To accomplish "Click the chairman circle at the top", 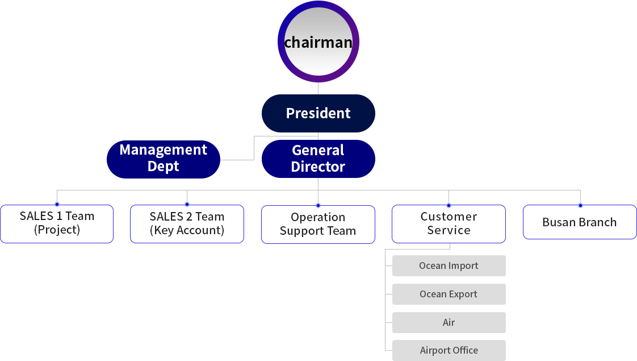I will pos(318,42).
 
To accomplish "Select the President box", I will pos(317,113).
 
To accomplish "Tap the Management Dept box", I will pos(162,159).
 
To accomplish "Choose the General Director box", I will pos(317,159).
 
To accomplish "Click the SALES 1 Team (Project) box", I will pos(57,223).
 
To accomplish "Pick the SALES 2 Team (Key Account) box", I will pos(187,223).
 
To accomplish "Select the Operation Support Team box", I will pos(318,224).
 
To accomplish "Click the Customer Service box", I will pos(449,223).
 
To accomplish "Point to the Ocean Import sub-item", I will pos(449,265).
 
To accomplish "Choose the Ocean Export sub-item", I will pos(449,294).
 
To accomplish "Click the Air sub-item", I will pos(449,322).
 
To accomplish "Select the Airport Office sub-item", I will pos(449,350).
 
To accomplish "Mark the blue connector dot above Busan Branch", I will pos(580,204).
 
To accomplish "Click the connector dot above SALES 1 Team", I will pos(57,204).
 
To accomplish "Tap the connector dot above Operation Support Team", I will pos(318,204).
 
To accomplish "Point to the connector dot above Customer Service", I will pos(449,204).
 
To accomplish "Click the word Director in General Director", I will pos(318,167).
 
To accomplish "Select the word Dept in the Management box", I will pos(163,167).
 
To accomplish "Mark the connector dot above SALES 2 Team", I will pos(187,204).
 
